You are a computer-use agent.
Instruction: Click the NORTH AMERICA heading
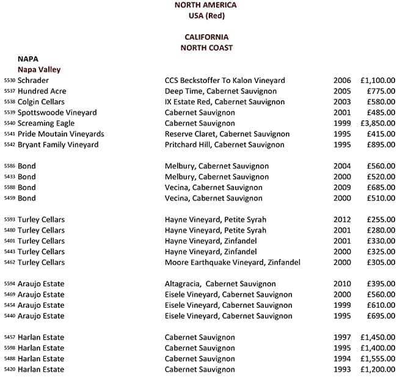[205, 5]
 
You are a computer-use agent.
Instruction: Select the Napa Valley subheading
[39, 70]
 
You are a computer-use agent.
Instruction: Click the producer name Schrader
[33, 81]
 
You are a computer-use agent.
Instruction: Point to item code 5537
[9, 92]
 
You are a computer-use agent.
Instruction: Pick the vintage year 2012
[342, 220]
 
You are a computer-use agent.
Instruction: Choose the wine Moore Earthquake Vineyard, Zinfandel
[232, 263]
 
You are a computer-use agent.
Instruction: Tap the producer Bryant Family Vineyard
[58, 145]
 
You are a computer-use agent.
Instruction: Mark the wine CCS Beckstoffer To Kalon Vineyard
[225, 81]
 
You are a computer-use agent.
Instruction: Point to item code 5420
[9, 370]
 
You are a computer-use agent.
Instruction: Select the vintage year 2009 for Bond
[342, 188]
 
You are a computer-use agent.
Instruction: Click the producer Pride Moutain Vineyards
[61, 134]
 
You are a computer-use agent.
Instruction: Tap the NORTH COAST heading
[206, 48]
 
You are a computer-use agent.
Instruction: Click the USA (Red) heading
[206, 15]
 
